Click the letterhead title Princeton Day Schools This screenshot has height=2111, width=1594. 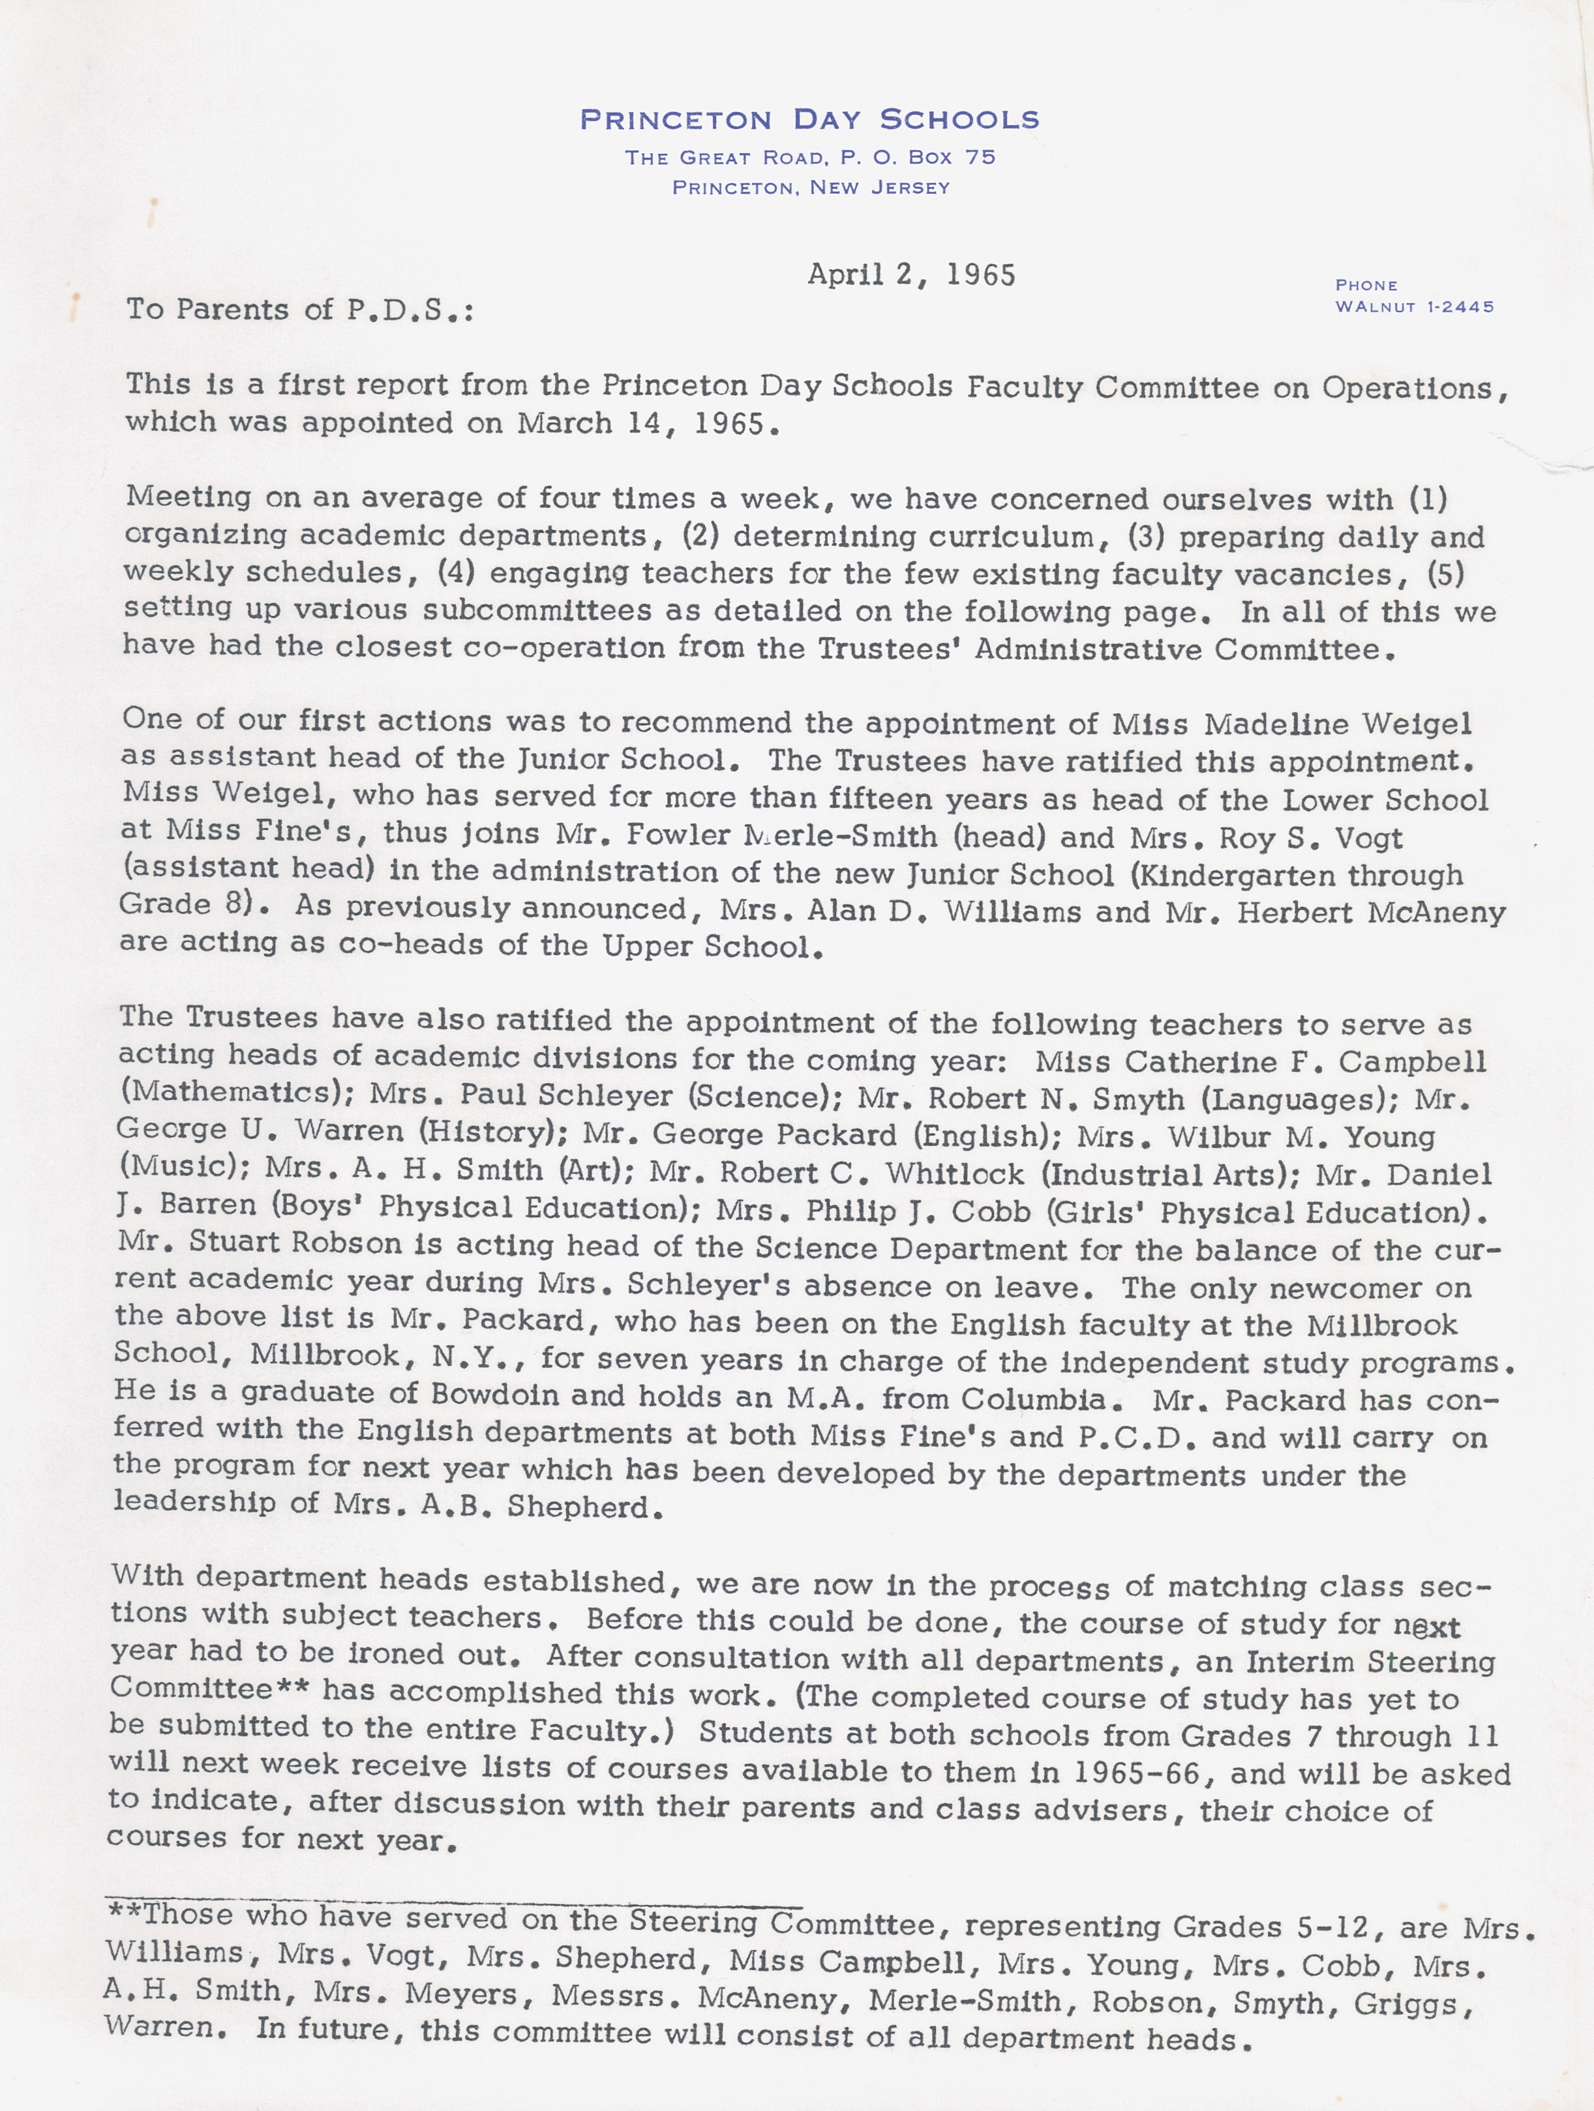coord(809,119)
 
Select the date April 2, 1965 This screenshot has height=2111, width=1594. coord(912,275)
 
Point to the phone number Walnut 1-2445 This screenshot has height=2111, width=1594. coord(1415,306)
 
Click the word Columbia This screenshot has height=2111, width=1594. coord(1034,1398)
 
